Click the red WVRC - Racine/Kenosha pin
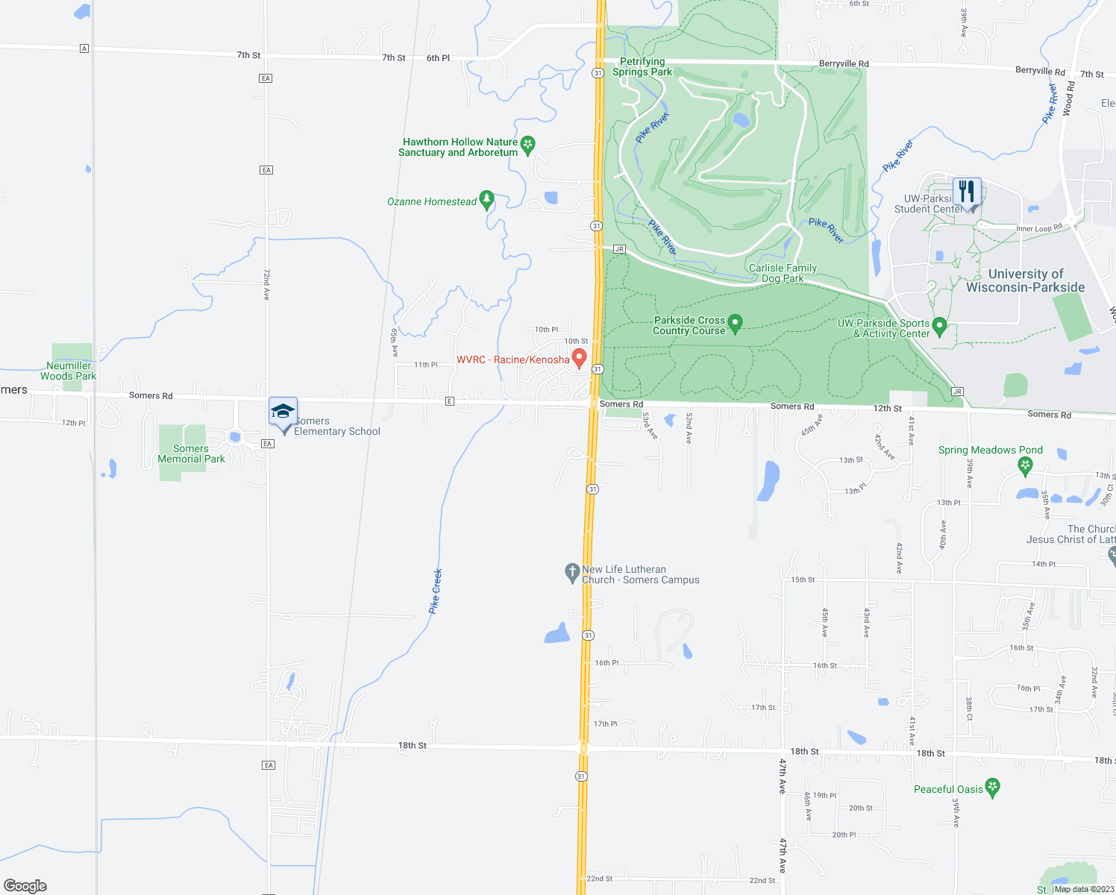[579, 357]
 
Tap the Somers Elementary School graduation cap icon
[283, 412]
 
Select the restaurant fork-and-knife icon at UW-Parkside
[967, 192]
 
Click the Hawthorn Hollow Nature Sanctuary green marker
[528, 145]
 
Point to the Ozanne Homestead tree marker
[486, 199]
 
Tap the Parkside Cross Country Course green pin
[735, 323]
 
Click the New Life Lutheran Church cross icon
[571, 573]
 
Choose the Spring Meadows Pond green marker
[1026, 465]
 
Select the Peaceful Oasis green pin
[992, 787]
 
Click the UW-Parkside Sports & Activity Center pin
[940, 326]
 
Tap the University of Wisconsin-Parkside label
[1026, 280]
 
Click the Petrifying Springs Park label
[642, 66]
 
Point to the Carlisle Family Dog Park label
[783, 273]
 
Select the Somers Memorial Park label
[191, 453]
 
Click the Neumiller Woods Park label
[69, 371]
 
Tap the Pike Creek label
[436, 591]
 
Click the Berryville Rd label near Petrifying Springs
[844, 63]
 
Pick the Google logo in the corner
[25, 885]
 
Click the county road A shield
[84, 48]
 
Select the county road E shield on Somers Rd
[449, 401]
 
